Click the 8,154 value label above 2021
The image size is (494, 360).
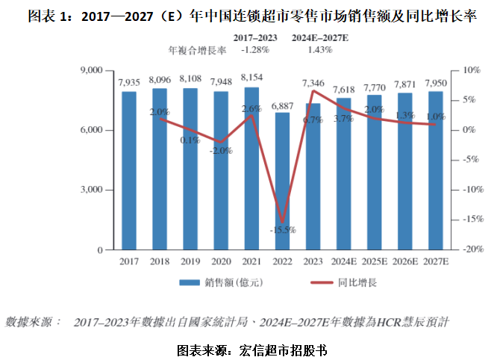point(251,78)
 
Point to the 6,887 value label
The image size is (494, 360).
point(281,106)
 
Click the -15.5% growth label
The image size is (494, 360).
point(283,229)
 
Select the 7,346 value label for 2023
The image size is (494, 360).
point(313,83)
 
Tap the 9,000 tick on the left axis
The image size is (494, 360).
point(90,70)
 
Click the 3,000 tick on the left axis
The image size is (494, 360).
point(90,190)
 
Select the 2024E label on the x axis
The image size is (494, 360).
point(343,261)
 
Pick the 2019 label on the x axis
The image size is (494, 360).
point(190,261)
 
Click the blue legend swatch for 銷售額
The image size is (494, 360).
point(187,284)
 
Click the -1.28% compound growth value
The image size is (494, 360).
point(255,49)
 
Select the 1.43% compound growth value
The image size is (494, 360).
point(322,49)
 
